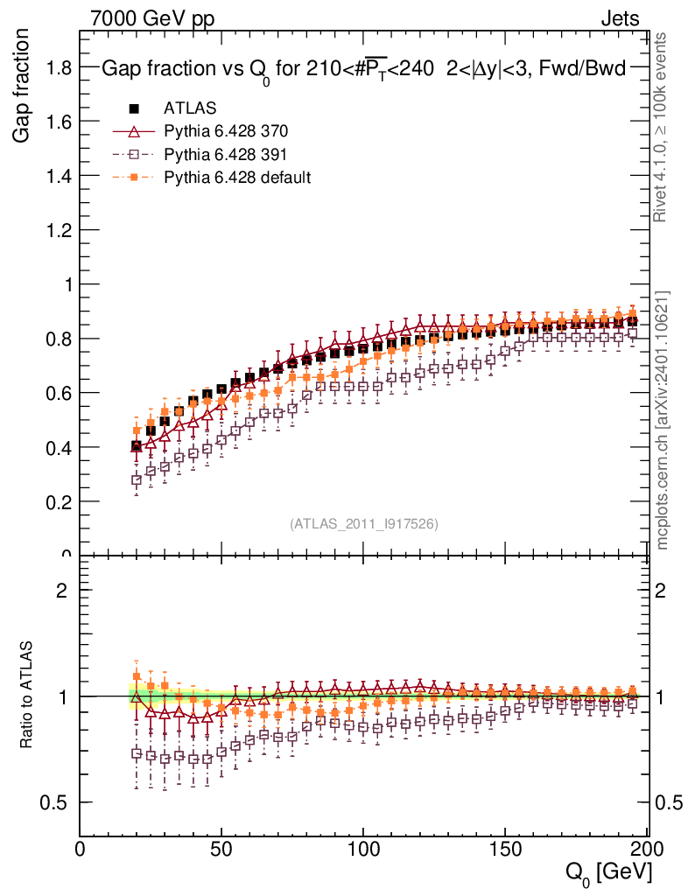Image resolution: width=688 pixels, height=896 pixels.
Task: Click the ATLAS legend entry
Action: pyautogui.click(x=190, y=108)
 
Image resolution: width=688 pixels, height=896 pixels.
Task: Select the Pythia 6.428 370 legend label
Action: pyautogui.click(x=226, y=131)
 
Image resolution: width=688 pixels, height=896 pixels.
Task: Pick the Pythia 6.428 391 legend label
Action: pyautogui.click(x=226, y=154)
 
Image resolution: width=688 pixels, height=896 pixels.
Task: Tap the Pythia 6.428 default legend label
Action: pyautogui.click(x=238, y=177)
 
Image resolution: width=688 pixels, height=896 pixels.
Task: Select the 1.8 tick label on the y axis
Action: pyautogui.click(x=59, y=67)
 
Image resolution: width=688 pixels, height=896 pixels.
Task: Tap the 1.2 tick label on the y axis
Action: pyautogui.click(x=59, y=230)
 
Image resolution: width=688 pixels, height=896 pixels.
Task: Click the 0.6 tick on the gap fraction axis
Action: pyautogui.click(x=59, y=393)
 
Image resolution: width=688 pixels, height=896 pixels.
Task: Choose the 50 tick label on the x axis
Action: pyautogui.click(x=222, y=849)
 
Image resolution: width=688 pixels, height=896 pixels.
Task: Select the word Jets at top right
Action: pyautogui.click(x=620, y=18)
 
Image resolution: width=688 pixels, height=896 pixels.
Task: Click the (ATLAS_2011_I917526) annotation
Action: pyautogui.click(x=364, y=523)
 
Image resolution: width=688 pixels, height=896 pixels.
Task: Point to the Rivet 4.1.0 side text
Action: pyautogui.click(x=663, y=127)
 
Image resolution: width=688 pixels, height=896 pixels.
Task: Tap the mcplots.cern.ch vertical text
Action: pyautogui.click(x=663, y=420)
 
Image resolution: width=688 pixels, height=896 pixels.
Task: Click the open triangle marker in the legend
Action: pyautogui.click(x=134, y=131)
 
